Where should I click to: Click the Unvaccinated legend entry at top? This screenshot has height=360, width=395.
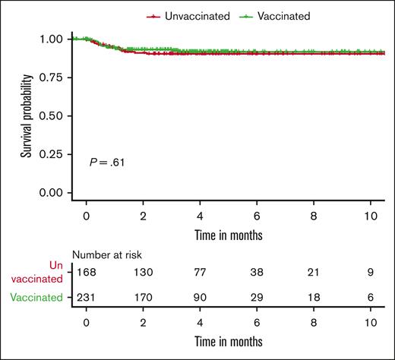188,15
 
